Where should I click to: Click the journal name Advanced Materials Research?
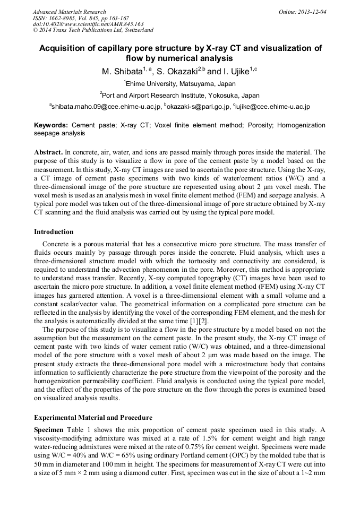click(x=69, y=12)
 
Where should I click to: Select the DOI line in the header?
click(x=88, y=24)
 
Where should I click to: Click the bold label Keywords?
click(x=51, y=125)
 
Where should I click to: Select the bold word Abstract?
click(x=49, y=152)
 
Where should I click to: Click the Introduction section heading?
click(x=54, y=232)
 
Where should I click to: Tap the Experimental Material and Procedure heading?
click(x=93, y=418)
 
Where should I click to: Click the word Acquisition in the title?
click(x=63, y=48)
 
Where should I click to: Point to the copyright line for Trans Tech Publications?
click(x=93, y=30)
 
